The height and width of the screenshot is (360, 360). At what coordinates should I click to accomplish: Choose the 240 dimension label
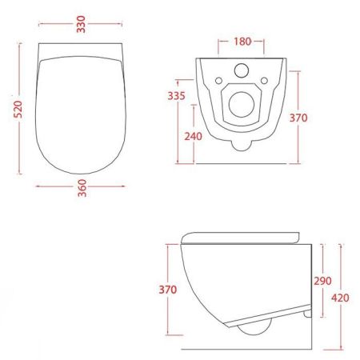[x=192, y=135]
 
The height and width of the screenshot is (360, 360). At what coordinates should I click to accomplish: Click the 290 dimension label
[x=322, y=282]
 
